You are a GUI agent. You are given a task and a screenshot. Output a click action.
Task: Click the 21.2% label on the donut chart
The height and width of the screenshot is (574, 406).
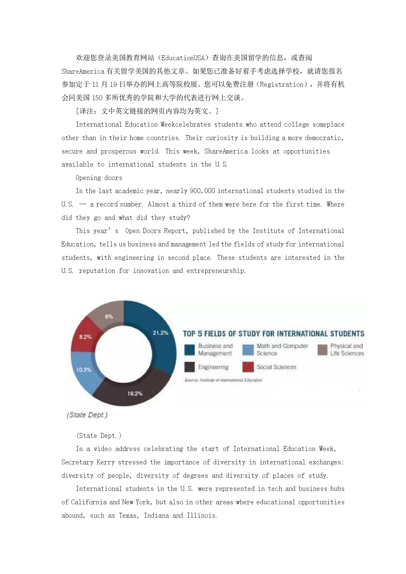click(x=160, y=333)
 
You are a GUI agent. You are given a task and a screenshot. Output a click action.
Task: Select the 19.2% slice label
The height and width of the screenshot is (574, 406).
click(x=135, y=393)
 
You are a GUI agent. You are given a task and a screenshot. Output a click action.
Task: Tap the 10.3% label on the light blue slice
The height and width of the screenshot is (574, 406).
click(x=83, y=370)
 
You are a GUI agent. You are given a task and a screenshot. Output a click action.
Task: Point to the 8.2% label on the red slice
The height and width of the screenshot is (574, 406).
click(x=85, y=337)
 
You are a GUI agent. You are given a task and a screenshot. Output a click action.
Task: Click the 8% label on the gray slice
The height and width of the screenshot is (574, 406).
click(x=109, y=316)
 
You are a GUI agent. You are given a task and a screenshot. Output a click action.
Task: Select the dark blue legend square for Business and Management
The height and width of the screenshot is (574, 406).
click(x=190, y=350)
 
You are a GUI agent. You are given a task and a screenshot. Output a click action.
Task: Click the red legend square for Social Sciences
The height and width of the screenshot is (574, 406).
click(x=248, y=367)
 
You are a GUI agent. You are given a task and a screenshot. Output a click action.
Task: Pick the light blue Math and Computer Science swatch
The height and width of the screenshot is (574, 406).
click(x=248, y=350)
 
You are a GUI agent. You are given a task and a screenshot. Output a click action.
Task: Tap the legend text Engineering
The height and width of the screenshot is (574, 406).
click(x=213, y=367)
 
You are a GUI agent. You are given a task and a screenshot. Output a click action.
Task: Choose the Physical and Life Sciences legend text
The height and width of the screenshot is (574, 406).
click(x=347, y=350)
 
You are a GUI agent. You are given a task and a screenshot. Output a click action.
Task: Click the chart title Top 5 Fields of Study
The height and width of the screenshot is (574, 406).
click(x=273, y=334)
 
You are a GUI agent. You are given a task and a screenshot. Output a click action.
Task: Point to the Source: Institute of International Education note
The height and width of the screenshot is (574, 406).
click(x=223, y=380)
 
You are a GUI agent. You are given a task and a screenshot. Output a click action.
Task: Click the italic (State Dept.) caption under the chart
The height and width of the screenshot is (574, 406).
click(x=87, y=415)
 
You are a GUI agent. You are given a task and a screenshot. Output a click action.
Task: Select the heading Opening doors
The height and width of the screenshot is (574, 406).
click(x=99, y=178)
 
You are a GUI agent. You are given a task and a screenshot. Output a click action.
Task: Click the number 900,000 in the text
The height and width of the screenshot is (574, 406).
click(x=202, y=191)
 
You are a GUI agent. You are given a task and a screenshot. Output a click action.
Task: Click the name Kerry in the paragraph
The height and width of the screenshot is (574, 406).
click(x=105, y=462)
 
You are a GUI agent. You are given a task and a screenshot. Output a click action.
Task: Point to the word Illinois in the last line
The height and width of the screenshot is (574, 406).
click(x=201, y=515)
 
